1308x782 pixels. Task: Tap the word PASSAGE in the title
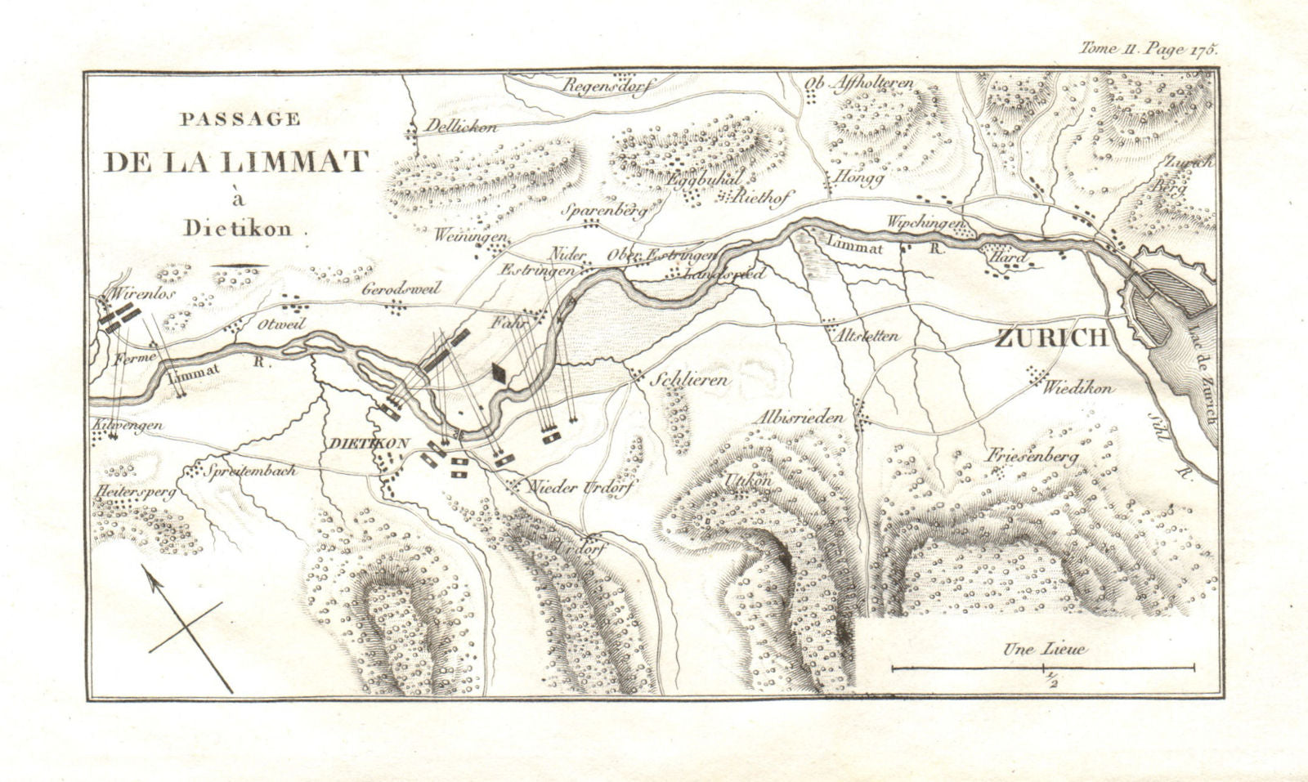[240, 119]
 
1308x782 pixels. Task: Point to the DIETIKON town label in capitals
[368, 442]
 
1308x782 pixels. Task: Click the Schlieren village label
[689, 381]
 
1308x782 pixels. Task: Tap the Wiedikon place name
[1077, 389]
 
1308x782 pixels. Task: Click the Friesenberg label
[1033, 457]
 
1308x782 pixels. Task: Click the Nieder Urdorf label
[581, 486]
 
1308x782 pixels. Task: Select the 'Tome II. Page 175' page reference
[1149, 48]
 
